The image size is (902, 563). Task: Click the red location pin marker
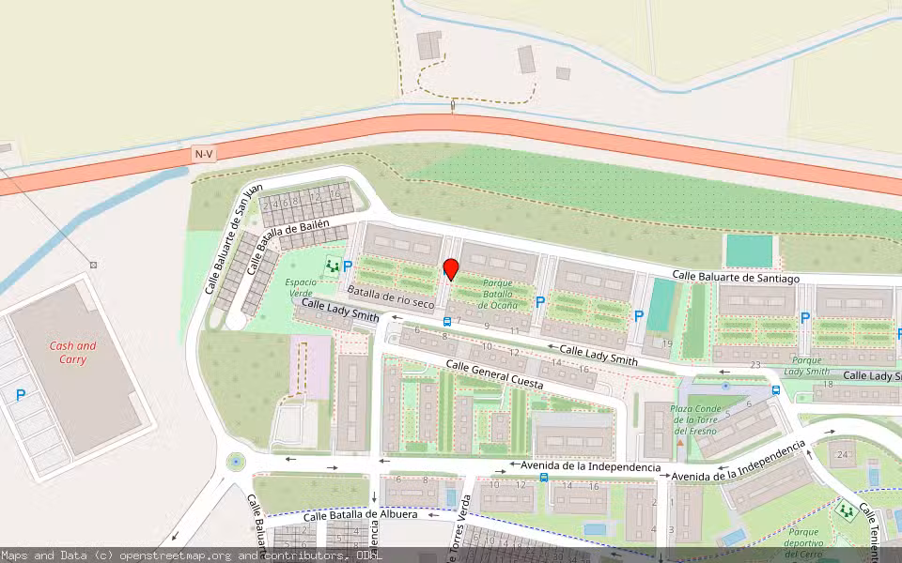point(450,268)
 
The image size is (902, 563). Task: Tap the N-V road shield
point(204,153)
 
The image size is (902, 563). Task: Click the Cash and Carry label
point(73,352)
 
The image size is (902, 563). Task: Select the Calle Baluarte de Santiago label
point(736,278)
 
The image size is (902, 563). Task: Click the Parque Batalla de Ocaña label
point(499,293)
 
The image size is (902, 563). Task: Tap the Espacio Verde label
point(301,287)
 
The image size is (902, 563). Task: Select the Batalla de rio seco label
point(391,297)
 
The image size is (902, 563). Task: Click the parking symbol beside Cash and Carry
point(21,396)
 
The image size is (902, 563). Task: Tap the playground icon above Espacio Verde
point(332,266)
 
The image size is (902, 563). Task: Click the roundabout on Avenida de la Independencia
point(234,461)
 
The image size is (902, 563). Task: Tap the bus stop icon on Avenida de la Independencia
point(544,478)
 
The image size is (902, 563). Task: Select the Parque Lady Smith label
point(811,365)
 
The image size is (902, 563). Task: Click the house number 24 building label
point(843,455)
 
